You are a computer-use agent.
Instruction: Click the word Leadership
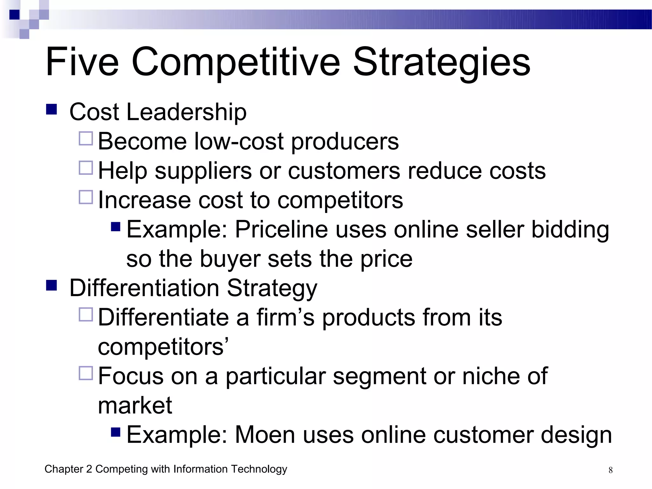(x=186, y=112)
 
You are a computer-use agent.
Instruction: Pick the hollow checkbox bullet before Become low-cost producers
(x=86, y=139)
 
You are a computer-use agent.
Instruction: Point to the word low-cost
(x=239, y=141)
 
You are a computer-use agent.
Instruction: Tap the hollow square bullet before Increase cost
(x=86, y=197)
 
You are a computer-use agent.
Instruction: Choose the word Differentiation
(x=144, y=288)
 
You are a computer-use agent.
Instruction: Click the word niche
(x=491, y=376)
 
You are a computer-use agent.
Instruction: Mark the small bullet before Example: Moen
(x=116, y=432)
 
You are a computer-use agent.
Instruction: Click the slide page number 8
(x=610, y=470)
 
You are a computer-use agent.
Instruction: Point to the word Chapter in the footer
(x=64, y=469)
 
